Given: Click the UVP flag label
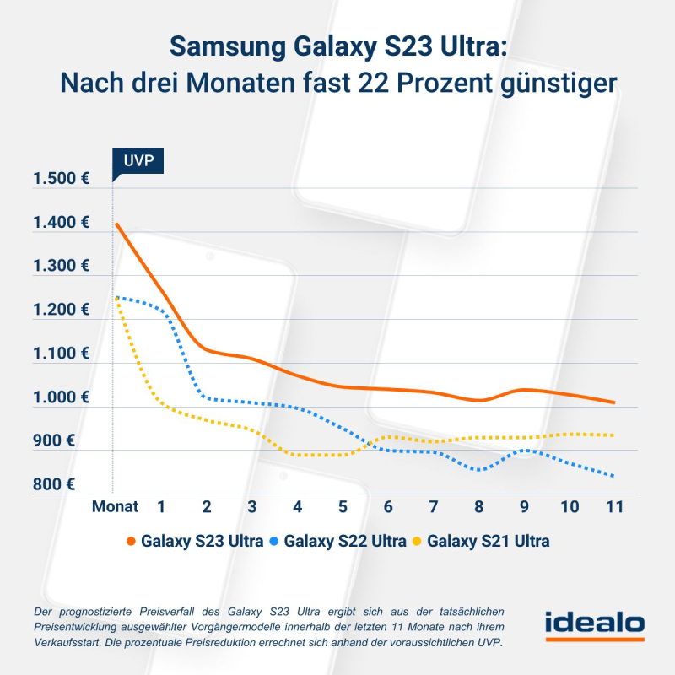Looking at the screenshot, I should coord(137,162).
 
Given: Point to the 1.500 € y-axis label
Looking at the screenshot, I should coord(61,179).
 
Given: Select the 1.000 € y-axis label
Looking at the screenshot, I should coord(61,397).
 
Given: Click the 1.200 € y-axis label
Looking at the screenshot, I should coord(61,310).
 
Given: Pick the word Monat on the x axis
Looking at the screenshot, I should coord(115,507).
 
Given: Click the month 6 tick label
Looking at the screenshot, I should coord(388,507).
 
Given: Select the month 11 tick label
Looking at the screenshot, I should coord(614,507).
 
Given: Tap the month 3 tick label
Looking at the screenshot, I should coord(251,507).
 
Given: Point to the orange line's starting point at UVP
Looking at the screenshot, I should coord(116,224).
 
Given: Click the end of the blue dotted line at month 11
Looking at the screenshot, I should coord(614,477).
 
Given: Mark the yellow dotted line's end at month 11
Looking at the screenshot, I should coord(614,435).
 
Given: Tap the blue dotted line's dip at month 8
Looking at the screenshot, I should coord(479,469).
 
